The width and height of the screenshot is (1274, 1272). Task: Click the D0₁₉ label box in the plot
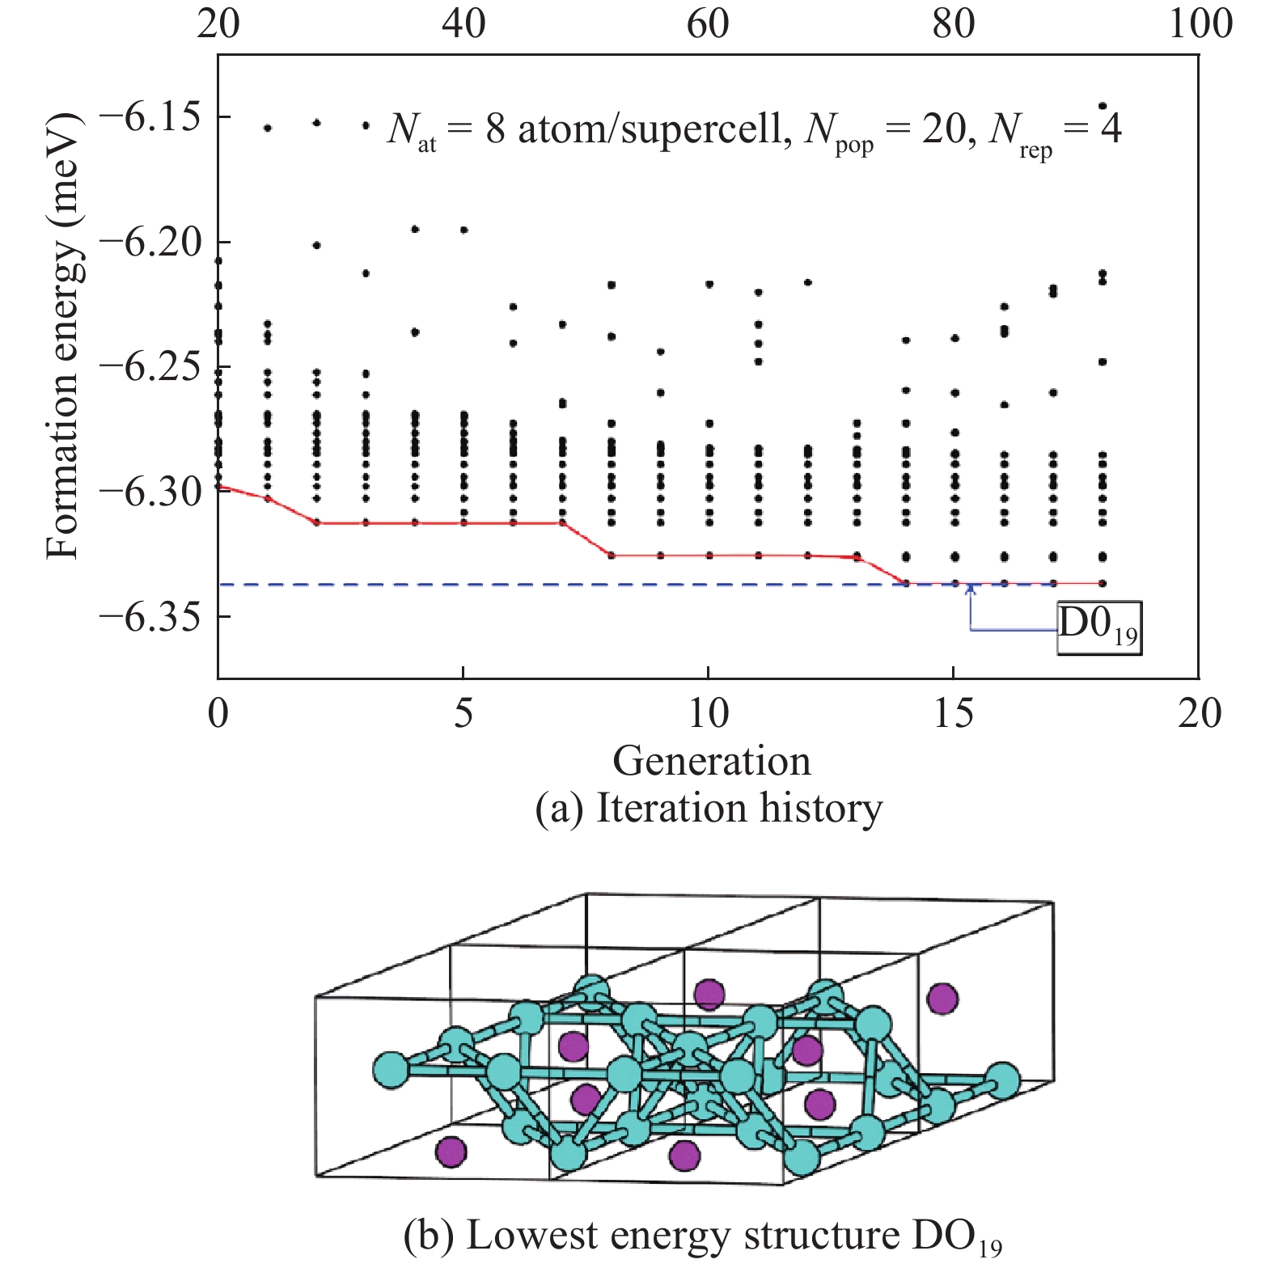pos(1099,628)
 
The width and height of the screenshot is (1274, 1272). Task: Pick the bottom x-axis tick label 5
pos(463,714)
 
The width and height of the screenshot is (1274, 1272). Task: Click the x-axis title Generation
pos(711,761)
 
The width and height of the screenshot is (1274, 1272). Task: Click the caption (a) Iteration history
pos(709,808)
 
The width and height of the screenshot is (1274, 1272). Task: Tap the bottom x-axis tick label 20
pos(1199,714)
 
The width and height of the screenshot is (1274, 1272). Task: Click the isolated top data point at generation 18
pos(1102,105)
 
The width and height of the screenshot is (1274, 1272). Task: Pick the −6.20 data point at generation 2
pos(317,245)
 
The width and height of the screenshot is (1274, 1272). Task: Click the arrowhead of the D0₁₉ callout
pos(970,588)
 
